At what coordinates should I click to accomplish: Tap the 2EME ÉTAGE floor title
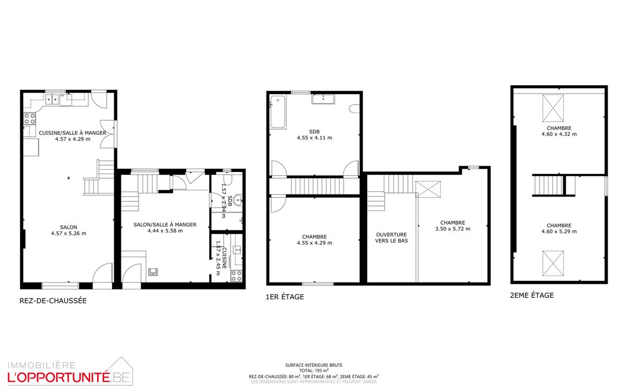(532, 295)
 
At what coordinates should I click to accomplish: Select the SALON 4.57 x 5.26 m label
(68, 230)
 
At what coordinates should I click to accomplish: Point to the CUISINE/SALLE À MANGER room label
(73, 136)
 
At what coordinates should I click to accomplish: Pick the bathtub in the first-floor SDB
(278, 112)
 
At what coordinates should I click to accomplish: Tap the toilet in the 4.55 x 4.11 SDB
(356, 109)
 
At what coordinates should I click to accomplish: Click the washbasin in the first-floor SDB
(325, 99)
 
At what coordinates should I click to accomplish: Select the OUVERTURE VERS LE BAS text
(391, 238)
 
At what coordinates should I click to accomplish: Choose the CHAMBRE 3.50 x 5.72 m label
(452, 225)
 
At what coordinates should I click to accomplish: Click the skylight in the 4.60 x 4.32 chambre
(553, 108)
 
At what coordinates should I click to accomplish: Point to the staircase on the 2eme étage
(548, 186)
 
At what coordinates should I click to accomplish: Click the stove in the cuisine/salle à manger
(29, 119)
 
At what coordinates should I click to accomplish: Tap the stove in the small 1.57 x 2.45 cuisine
(236, 275)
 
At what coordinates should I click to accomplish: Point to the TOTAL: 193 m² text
(314, 371)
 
